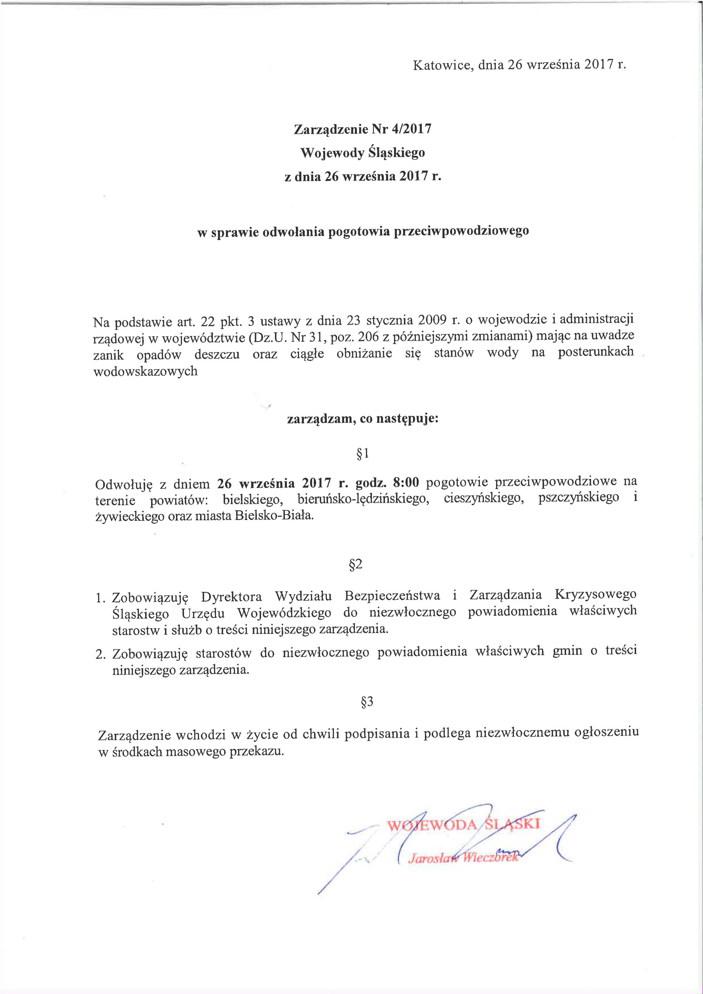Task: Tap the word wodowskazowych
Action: point(145,371)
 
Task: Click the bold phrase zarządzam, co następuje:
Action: point(363,419)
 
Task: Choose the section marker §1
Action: point(362,453)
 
